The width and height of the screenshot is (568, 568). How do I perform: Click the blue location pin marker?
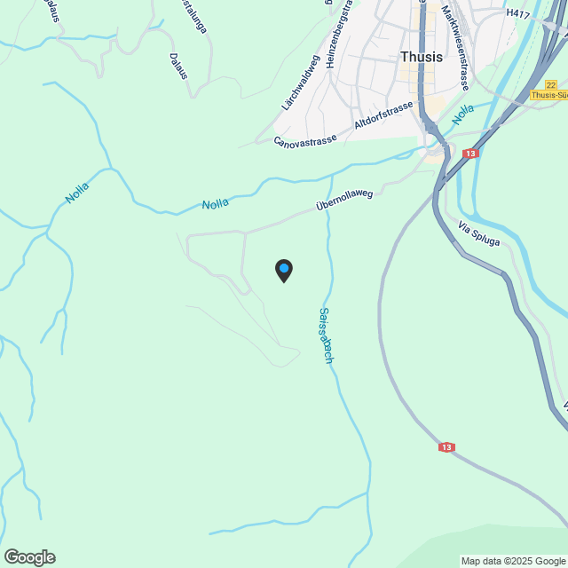(x=283, y=270)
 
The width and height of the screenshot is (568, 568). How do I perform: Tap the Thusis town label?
(x=422, y=57)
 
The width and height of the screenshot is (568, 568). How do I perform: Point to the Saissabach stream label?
(x=326, y=336)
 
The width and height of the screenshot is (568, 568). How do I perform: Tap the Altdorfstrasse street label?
(x=384, y=116)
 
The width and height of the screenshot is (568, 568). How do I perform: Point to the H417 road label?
(x=517, y=13)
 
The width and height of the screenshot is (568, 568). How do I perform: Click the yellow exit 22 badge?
(x=538, y=83)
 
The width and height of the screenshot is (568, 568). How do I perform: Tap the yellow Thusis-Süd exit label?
(x=550, y=95)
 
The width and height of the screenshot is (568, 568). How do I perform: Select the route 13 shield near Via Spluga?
(x=470, y=154)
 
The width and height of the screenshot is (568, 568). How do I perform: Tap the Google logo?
(x=29, y=557)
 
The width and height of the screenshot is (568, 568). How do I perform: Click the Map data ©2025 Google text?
(x=512, y=561)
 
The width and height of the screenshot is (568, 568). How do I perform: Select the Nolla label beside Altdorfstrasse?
(x=462, y=114)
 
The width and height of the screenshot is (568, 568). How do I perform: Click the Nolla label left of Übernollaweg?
(x=215, y=204)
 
